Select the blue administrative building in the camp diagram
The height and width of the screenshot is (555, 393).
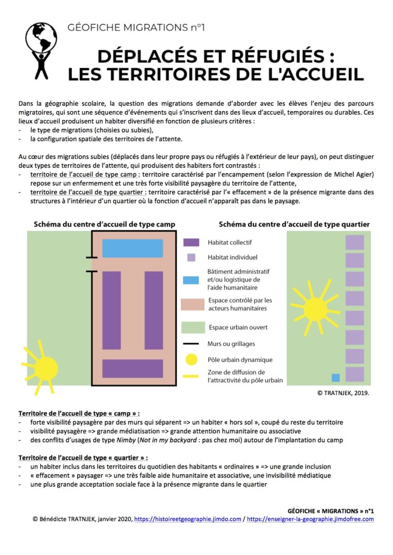point(133,248)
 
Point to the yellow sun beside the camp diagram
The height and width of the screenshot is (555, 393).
point(46,366)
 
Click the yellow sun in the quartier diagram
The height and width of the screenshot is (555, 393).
point(315,308)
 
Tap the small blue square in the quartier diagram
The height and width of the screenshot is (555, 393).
point(335,378)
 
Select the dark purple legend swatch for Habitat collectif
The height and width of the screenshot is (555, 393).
point(191,242)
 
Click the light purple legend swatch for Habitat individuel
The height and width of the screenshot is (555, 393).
point(191,257)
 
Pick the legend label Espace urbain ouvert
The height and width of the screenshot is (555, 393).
point(237,327)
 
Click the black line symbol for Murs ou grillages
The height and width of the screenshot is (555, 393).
point(191,344)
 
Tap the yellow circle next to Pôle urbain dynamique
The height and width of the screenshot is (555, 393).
point(191,360)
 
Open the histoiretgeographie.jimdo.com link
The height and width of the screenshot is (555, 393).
point(187,519)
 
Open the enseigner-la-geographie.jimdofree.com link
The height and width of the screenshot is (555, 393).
point(310,519)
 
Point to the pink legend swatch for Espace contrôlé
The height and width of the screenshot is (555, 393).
point(191,304)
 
